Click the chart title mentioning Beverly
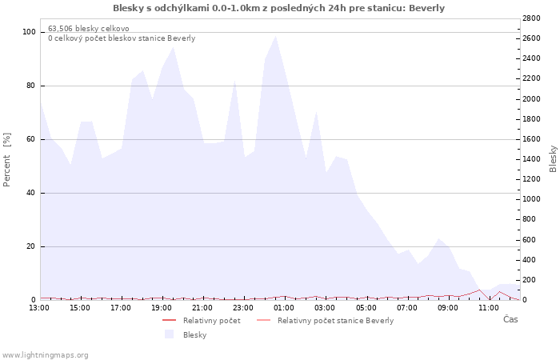coord(278,8)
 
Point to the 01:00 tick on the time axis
coord(284,307)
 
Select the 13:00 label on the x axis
coord(39,307)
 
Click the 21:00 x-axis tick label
coord(202,307)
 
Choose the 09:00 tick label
coord(448,307)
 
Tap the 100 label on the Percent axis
coord(30,32)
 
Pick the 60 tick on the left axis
coord(31,139)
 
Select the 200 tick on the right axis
coord(531,280)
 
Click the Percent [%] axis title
coord(7,160)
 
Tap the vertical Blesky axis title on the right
coord(553,159)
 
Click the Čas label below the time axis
coord(510,319)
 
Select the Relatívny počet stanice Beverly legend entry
coord(335,321)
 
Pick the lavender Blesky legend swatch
coord(169,334)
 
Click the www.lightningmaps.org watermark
coord(45,354)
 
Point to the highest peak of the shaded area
coord(276,35)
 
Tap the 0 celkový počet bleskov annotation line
coord(122,38)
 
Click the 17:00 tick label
coord(121,307)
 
